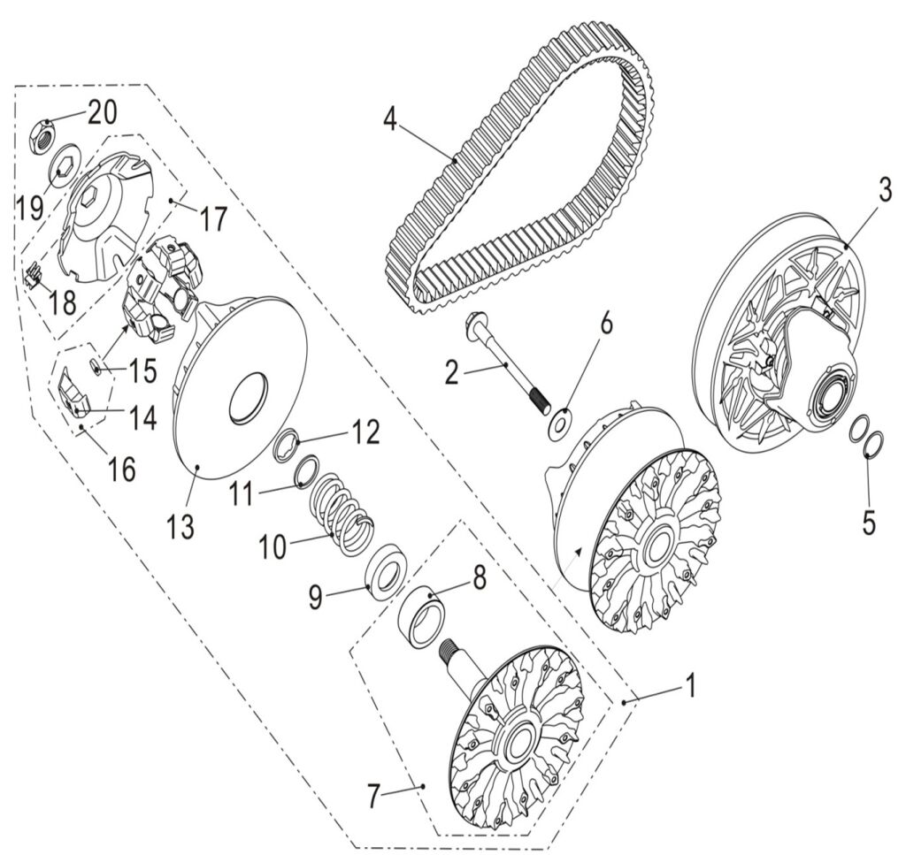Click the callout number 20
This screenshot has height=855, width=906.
pyautogui.click(x=101, y=112)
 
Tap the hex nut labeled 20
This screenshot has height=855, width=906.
pyautogui.click(x=46, y=137)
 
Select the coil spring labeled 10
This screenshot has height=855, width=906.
pyautogui.click(x=342, y=510)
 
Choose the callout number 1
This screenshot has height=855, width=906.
pyautogui.click(x=691, y=684)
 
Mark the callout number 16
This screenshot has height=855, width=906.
pyautogui.click(x=122, y=469)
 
